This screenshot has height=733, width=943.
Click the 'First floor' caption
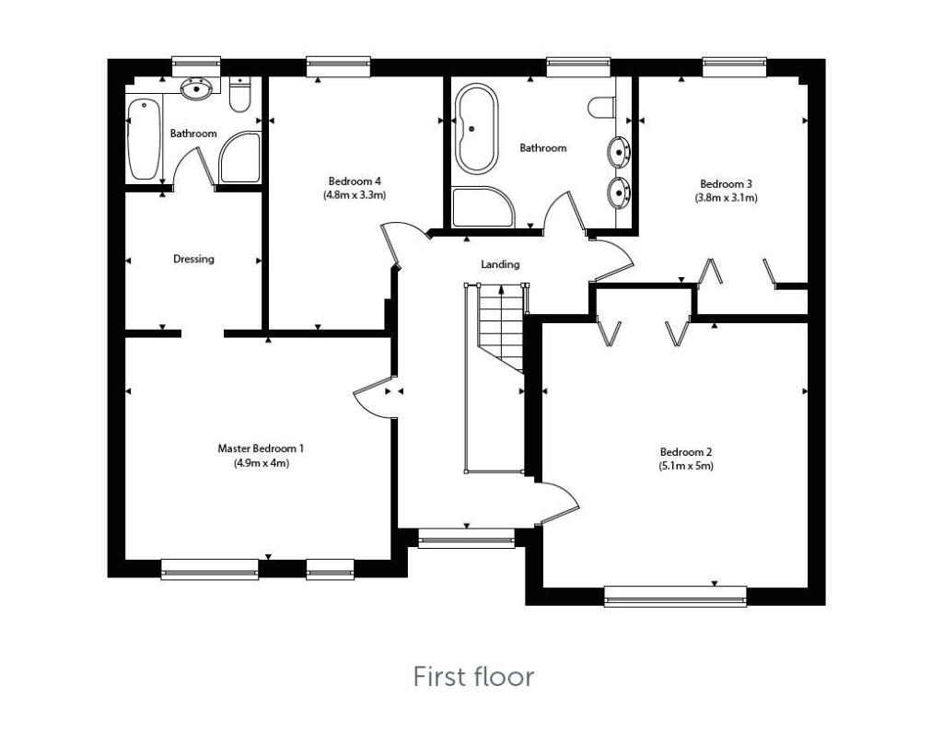click(473, 678)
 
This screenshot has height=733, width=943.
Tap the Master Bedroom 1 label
click(261, 448)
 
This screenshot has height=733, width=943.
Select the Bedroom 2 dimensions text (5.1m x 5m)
click(686, 466)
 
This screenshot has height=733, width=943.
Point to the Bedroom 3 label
click(726, 182)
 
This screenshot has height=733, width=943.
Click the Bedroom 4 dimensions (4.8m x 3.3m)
click(354, 195)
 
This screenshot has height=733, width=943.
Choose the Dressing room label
click(193, 259)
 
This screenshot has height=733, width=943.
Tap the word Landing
click(500, 264)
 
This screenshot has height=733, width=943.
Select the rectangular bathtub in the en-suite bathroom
click(143, 139)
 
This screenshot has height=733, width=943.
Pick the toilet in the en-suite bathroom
click(239, 96)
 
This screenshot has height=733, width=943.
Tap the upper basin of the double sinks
click(618, 148)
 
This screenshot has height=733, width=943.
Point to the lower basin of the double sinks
click(618, 192)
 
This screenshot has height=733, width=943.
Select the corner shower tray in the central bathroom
click(483, 207)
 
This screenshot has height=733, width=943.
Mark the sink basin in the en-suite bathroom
click(195, 89)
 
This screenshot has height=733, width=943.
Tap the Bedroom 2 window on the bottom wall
click(675, 597)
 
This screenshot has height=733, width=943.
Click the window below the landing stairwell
click(466, 538)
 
